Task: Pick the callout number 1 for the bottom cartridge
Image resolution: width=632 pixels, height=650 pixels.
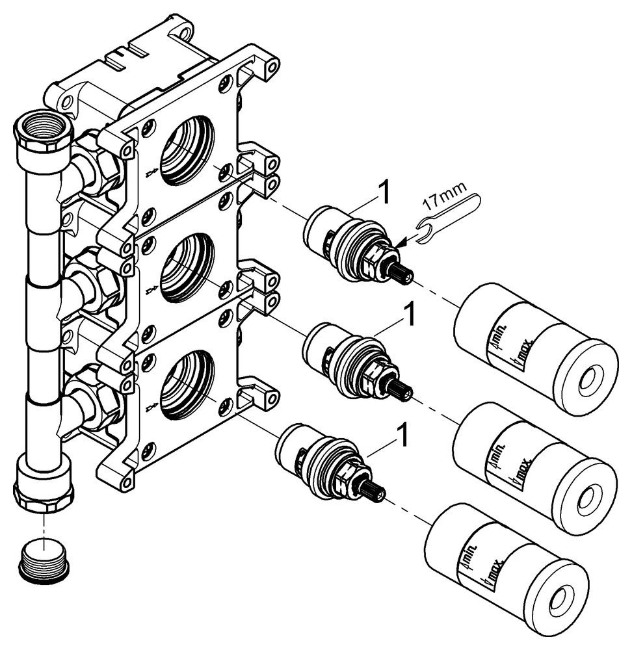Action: (x=402, y=436)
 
